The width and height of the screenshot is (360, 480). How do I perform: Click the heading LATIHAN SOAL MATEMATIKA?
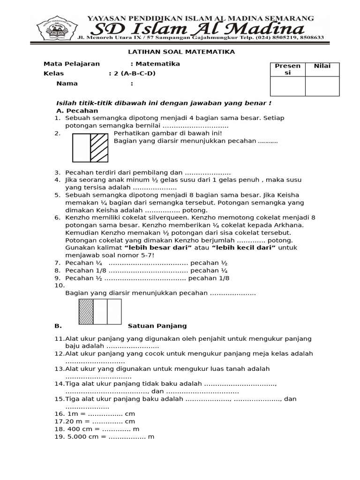tap(181, 52)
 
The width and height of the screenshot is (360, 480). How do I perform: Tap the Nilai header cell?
tap(322, 66)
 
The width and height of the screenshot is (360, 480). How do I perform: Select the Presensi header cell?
tap(287, 69)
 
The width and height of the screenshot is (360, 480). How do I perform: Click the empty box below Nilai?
tap(322, 86)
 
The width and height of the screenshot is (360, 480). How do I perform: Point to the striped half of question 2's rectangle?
tap(99, 148)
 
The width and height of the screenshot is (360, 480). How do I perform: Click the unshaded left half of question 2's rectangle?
tap(81, 148)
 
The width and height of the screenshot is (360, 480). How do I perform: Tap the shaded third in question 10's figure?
tap(86, 312)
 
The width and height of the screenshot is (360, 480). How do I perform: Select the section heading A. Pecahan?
tap(77, 111)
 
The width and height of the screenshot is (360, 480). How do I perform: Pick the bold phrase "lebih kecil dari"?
tap(243, 247)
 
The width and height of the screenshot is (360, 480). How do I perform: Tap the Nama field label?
tap(67, 83)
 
